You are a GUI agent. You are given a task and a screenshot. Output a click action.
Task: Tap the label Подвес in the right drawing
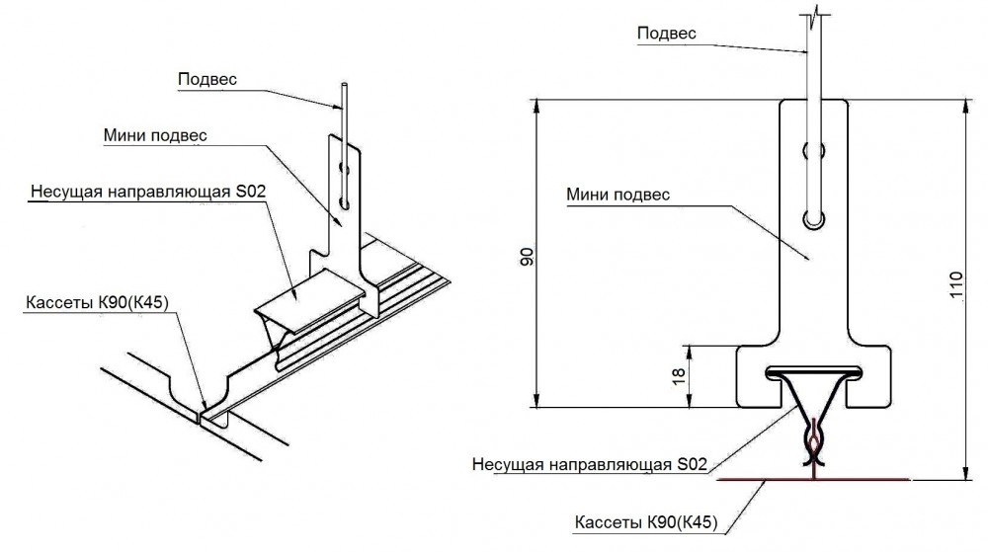click(x=666, y=34)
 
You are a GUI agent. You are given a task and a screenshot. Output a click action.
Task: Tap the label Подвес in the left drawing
click(x=207, y=78)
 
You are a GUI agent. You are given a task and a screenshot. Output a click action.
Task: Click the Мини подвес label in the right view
click(x=618, y=195)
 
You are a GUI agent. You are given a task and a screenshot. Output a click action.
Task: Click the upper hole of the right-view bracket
click(x=814, y=152)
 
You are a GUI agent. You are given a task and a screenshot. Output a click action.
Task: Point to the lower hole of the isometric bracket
click(x=344, y=201)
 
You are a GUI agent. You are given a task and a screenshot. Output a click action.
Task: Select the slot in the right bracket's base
click(x=813, y=372)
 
